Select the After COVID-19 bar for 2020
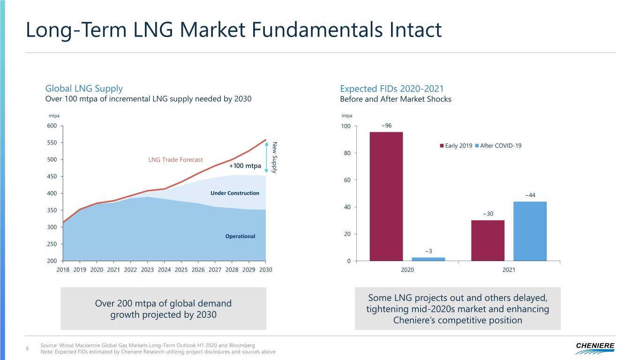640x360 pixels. pyautogui.click(x=428, y=259)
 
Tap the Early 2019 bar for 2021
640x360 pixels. pyautogui.click(x=488, y=240)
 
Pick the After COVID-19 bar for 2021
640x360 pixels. pyautogui.click(x=530, y=231)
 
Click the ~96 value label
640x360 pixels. pyautogui.click(x=386, y=126)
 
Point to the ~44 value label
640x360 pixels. pyautogui.click(x=530, y=195)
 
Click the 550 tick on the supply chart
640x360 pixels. pyautogui.click(x=52, y=142)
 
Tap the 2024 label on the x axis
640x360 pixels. pyautogui.click(x=164, y=270)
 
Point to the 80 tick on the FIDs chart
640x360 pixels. pyautogui.click(x=347, y=153)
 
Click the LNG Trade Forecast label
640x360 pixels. pyautogui.click(x=175, y=159)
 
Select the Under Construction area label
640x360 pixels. pyautogui.click(x=235, y=193)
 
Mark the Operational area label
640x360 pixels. pyautogui.click(x=240, y=236)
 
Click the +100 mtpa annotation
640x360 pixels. pyautogui.click(x=245, y=165)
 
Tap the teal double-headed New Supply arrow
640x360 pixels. pyautogui.click(x=266, y=157)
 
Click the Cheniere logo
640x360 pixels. pyautogui.click(x=595, y=346)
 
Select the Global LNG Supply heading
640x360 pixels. pyautogui.click(x=84, y=88)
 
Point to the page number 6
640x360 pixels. pyautogui.click(x=28, y=348)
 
